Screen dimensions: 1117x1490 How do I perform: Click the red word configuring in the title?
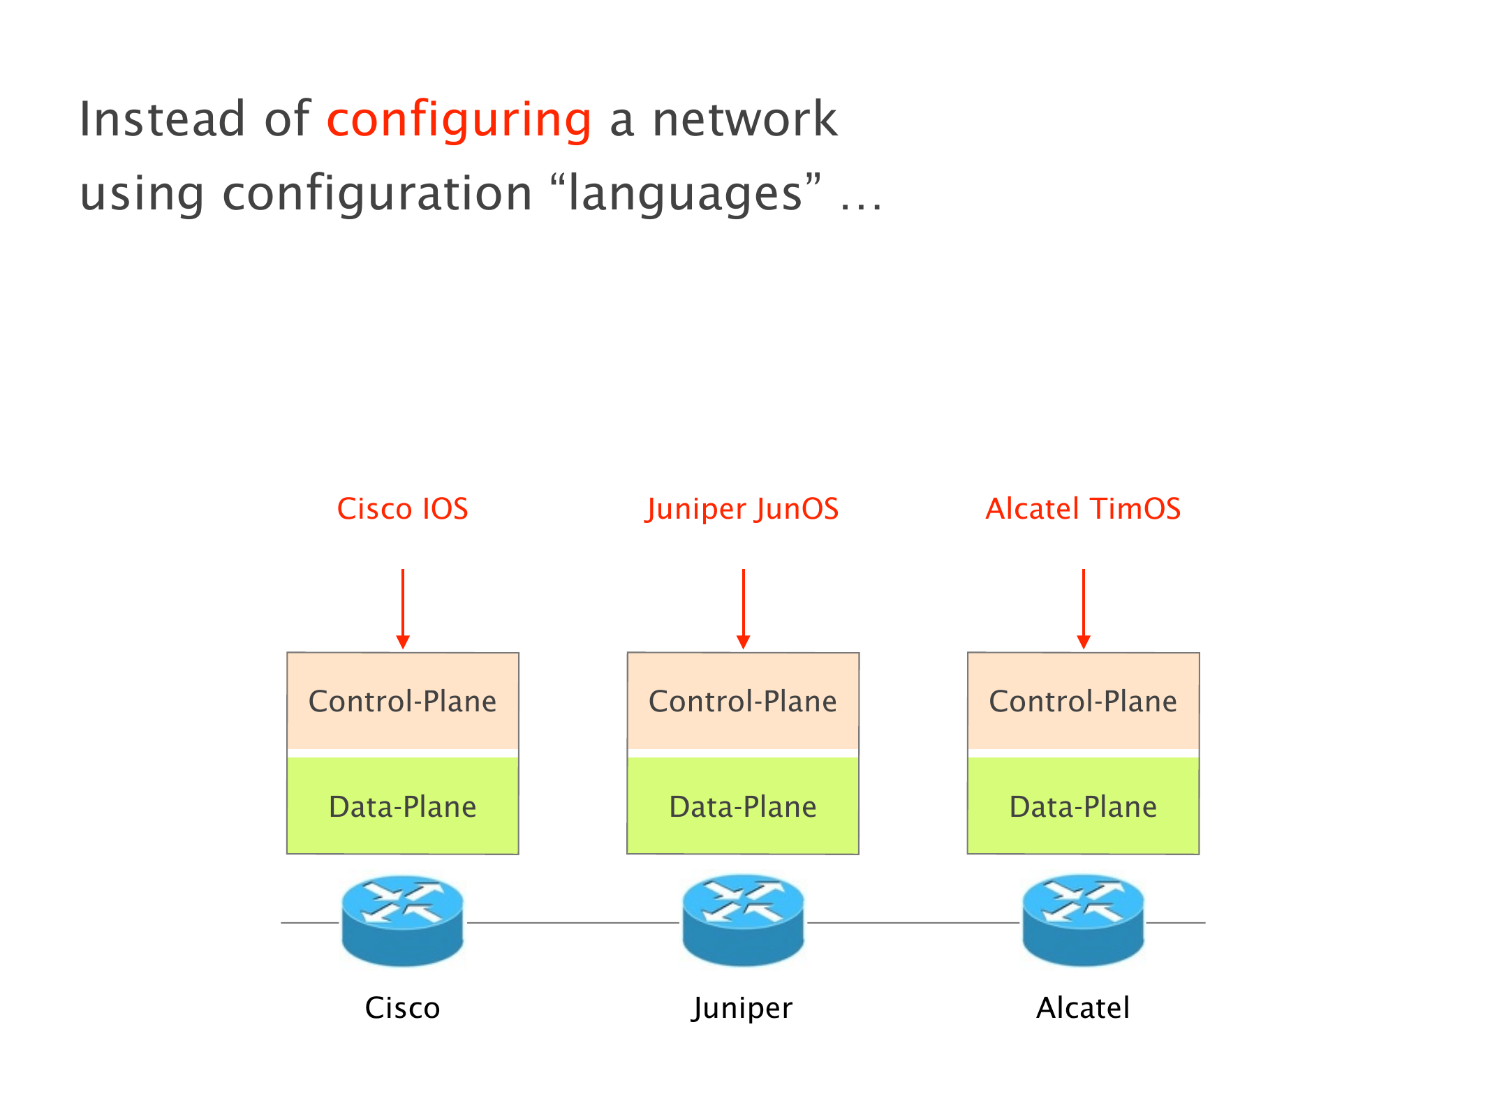pyautogui.click(x=459, y=120)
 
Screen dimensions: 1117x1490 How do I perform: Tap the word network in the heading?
pyautogui.click(x=744, y=120)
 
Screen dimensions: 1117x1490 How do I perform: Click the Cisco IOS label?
pyautogui.click(x=402, y=509)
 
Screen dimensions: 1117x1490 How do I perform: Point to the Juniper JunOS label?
pyautogui.click(x=742, y=509)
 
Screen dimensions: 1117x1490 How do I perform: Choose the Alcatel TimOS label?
pyautogui.click(x=1083, y=509)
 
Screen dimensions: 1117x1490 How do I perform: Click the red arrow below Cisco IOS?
pyautogui.click(x=403, y=608)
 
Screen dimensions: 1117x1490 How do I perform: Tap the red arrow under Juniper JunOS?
pyautogui.click(x=744, y=608)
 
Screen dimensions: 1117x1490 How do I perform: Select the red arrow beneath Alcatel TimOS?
pyautogui.click(x=1084, y=608)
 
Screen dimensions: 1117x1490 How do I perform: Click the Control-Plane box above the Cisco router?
pyautogui.click(x=403, y=701)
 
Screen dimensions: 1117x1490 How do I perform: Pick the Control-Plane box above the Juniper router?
pyautogui.click(x=743, y=701)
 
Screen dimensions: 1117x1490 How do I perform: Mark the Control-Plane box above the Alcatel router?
pyautogui.click(x=1084, y=701)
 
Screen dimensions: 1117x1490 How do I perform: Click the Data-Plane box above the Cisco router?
pyautogui.click(x=403, y=806)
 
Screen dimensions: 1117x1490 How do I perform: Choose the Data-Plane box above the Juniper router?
pyautogui.click(x=743, y=806)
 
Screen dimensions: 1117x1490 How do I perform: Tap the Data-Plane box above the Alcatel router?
pyautogui.click(x=1084, y=806)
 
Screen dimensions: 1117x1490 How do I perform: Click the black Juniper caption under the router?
pyautogui.click(x=742, y=1008)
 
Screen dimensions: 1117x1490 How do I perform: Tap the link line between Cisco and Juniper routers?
pyautogui.click(x=573, y=923)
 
